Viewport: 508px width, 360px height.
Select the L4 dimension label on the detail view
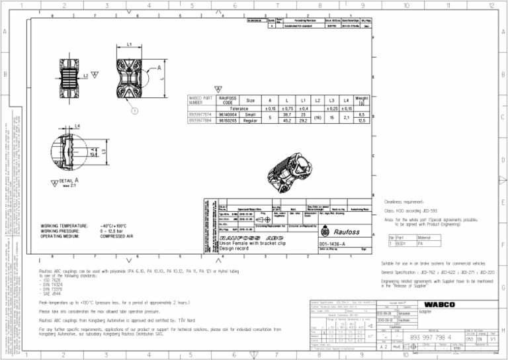[x=77, y=125]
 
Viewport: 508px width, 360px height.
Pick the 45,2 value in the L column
[x=288, y=120]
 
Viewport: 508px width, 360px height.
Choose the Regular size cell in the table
[x=250, y=120]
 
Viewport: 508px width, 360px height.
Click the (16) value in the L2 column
[x=318, y=118]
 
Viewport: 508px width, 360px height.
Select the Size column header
[x=250, y=101]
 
